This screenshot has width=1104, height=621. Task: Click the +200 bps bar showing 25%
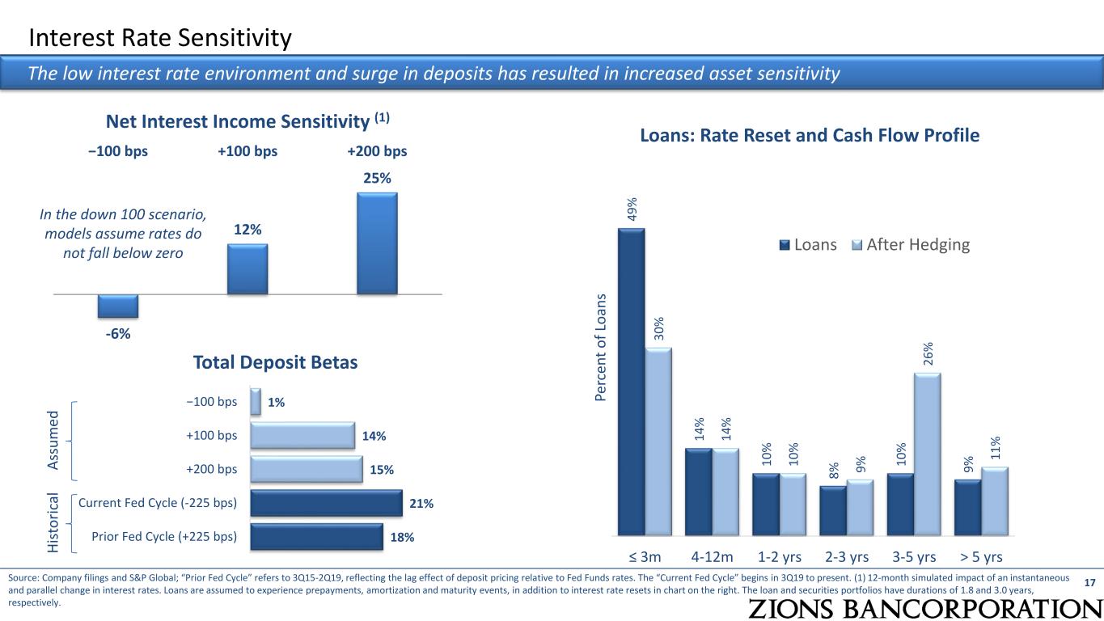[x=377, y=243]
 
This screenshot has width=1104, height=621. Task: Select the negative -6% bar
[x=118, y=306]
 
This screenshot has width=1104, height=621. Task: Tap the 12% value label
[x=247, y=230]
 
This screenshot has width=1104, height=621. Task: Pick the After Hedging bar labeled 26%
[x=928, y=454]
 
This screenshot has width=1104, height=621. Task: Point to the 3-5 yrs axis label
[x=914, y=556]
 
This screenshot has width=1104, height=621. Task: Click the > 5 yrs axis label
[x=981, y=556]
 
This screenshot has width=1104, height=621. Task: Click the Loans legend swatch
[x=785, y=245]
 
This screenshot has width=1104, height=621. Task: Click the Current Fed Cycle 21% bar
[x=326, y=503]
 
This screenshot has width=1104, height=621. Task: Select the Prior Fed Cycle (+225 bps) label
[x=164, y=536]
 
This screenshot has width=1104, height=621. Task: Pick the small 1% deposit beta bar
[x=256, y=402]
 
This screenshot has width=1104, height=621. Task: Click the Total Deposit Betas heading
[x=276, y=363]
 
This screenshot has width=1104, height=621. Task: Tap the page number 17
[x=1089, y=582]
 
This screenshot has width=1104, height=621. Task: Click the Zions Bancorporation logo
[x=922, y=608]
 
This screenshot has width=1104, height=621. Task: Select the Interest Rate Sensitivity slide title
[x=159, y=37]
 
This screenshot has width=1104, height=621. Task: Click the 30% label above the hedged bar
[x=658, y=329]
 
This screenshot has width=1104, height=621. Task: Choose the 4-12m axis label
[x=712, y=556]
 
